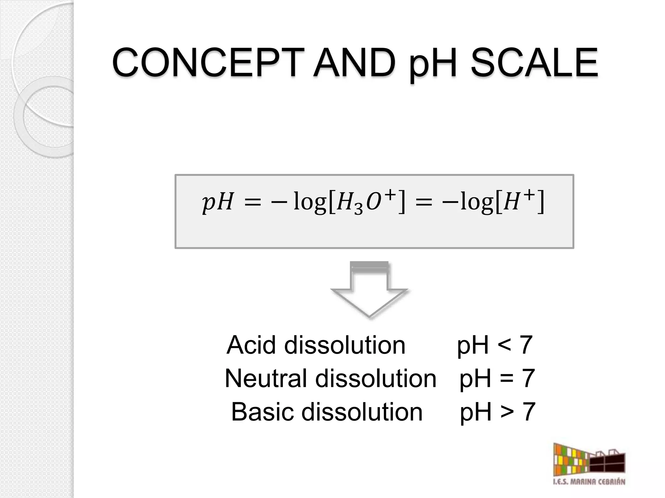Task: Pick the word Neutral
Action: [265, 378]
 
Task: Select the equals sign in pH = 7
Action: [507, 379]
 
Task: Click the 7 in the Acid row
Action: [526, 345]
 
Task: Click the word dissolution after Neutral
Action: [376, 378]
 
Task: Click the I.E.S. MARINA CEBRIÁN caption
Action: [589, 491]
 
